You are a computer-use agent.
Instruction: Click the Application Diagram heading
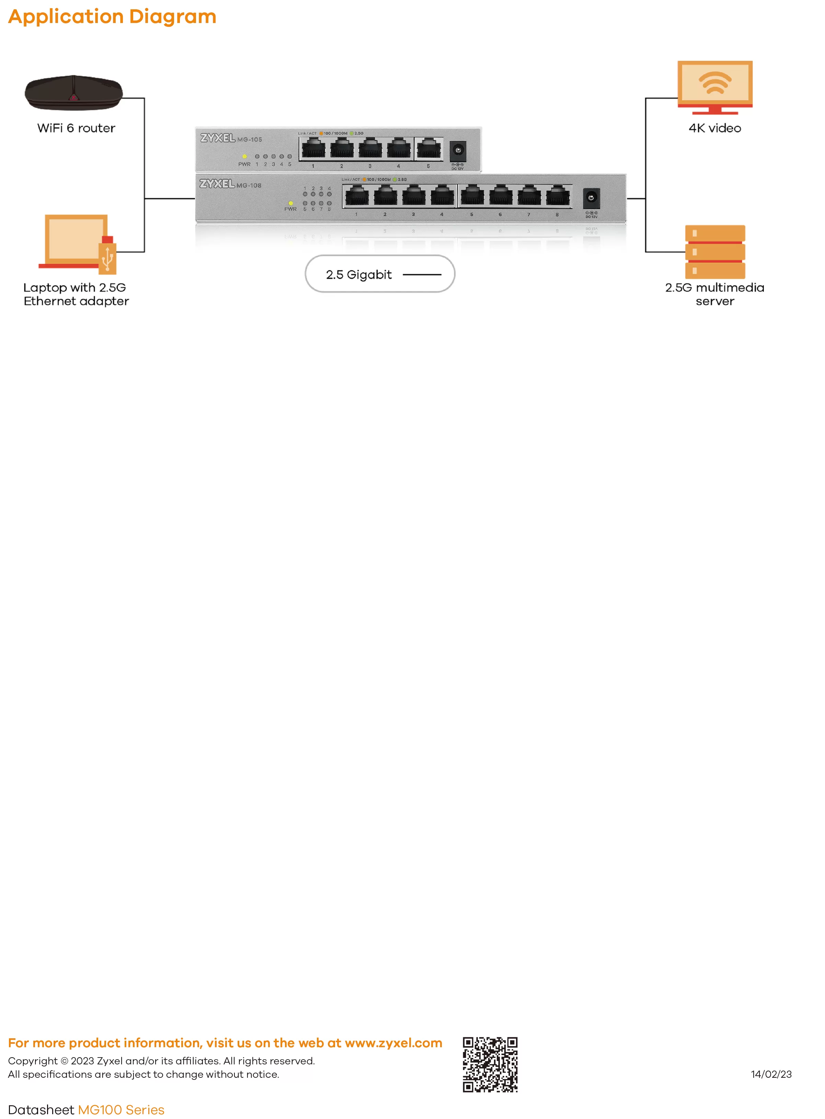click(x=112, y=16)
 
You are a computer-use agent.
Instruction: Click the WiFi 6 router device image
click(x=74, y=93)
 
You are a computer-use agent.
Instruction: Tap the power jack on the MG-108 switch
click(x=591, y=198)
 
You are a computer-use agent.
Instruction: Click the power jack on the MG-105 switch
click(x=458, y=150)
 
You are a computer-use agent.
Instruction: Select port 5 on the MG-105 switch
click(x=428, y=148)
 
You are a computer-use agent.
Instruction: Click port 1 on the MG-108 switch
click(x=357, y=196)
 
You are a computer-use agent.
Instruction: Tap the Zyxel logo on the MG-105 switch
click(x=218, y=138)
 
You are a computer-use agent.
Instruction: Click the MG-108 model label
click(x=249, y=185)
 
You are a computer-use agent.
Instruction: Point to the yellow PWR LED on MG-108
click(x=291, y=203)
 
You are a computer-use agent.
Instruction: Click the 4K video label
click(x=715, y=128)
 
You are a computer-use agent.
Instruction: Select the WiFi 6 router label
click(x=76, y=128)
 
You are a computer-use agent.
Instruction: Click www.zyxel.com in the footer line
click(x=393, y=1043)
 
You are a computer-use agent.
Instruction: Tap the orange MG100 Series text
click(x=121, y=1110)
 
